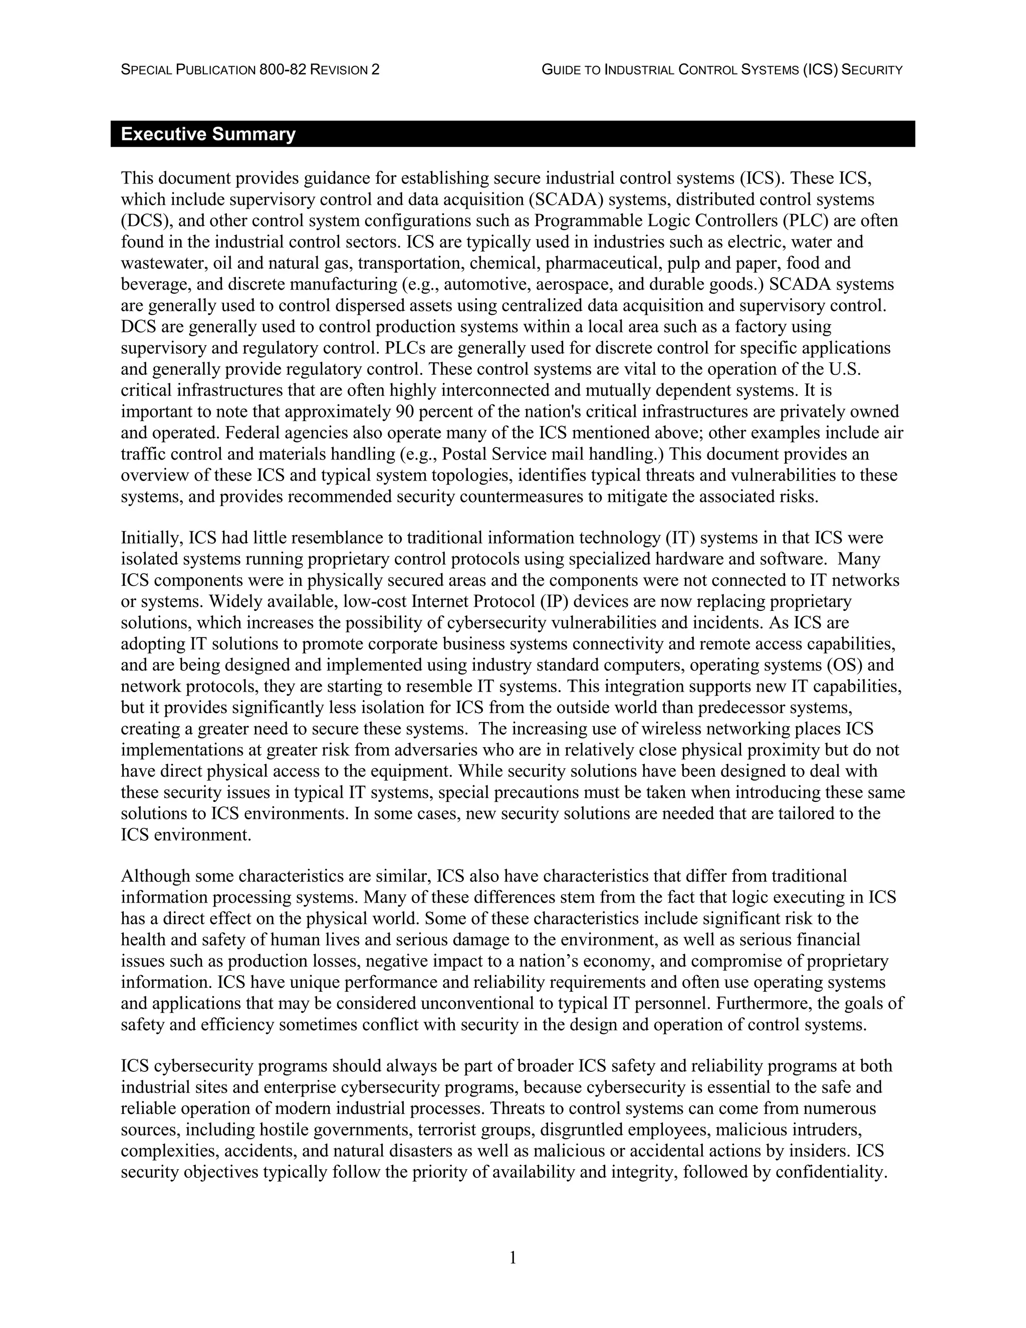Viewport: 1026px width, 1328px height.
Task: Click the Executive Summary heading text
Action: pyautogui.click(x=208, y=134)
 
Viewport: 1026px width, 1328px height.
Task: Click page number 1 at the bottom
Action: pyautogui.click(x=512, y=1257)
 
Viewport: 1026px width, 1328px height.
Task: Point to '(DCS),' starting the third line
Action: pyautogui.click(x=143, y=220)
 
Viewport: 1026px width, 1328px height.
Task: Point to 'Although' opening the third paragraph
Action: pyautogui.click(x=156, y=876)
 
